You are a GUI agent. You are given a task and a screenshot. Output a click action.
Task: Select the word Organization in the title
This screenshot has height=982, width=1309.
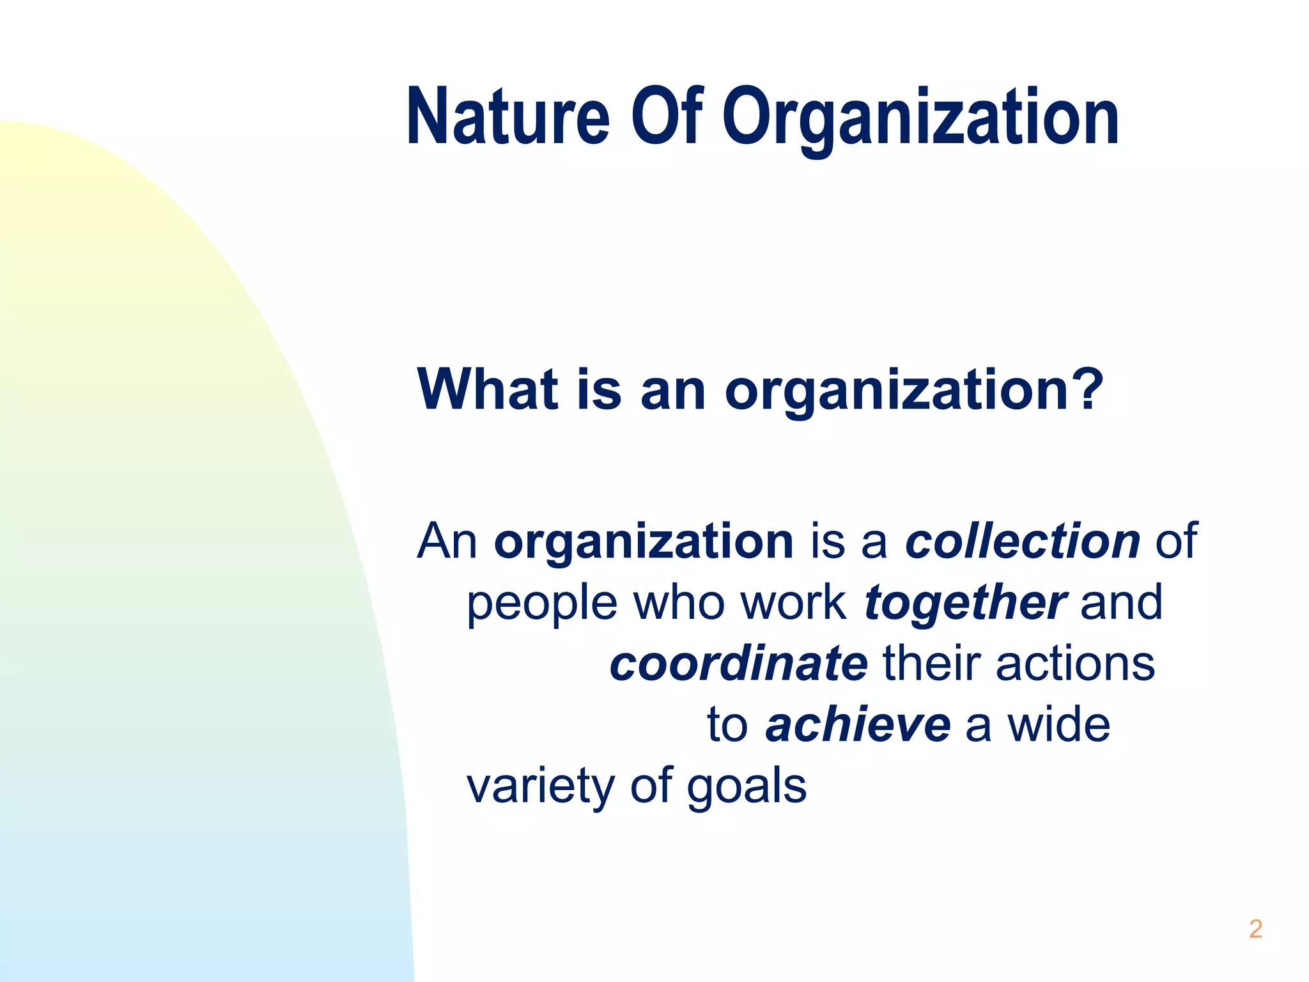click(x=920, y=119)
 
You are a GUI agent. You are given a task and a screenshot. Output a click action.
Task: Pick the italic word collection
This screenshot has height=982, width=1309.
click(x=1023, y=541)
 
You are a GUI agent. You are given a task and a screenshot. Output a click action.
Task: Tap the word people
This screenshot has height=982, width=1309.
click(x=542, y=605)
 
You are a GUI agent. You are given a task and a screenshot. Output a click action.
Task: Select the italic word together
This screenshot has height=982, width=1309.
click(x=965, y=605)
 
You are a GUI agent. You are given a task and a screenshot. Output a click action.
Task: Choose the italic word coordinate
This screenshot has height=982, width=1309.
click(x=739, y=664)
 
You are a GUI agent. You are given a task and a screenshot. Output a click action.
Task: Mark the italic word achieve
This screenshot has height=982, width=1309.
click(x=858, y=725)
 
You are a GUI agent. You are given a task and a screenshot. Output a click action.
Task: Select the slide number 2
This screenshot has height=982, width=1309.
click(x=1255, y=929)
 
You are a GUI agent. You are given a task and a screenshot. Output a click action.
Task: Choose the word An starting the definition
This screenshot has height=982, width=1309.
click(x=447, y=541)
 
